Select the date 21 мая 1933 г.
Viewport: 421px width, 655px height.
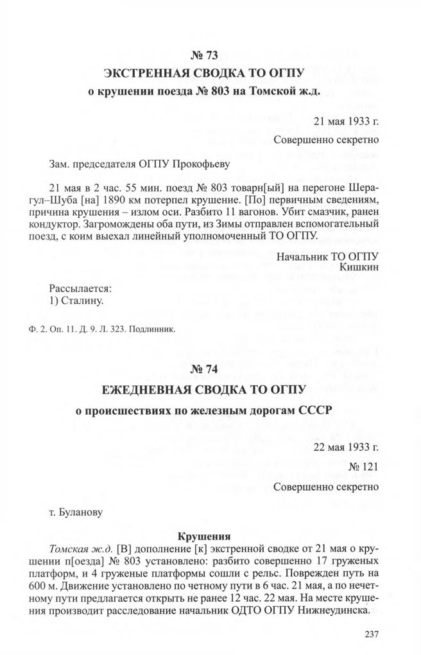point(346,121)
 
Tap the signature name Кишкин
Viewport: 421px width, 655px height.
point(360,265)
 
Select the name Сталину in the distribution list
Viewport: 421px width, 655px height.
point(78,299)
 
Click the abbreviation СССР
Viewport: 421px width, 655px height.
point(303,410)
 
